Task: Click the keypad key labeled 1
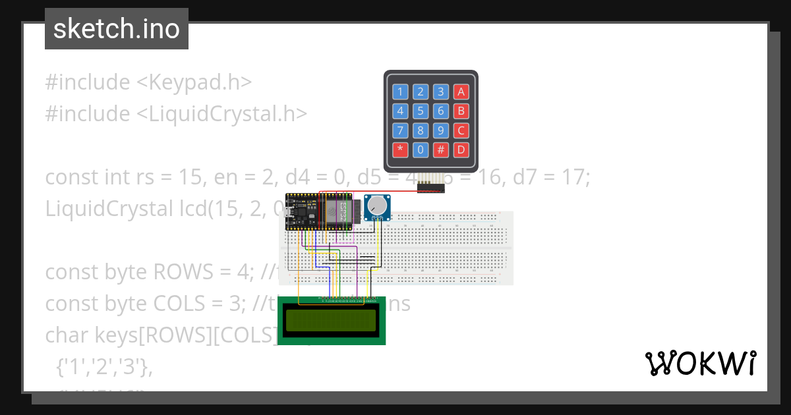400,92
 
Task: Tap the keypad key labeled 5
421,111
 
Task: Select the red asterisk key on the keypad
400,150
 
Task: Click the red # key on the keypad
441,150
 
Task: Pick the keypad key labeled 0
421,150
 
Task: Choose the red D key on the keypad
461,150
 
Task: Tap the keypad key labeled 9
441,130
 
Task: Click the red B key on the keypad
461,111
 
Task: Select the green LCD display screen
331,321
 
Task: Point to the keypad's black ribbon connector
431,188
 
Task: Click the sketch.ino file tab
117,29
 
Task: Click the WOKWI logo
701,363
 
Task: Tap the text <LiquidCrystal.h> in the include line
222,114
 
